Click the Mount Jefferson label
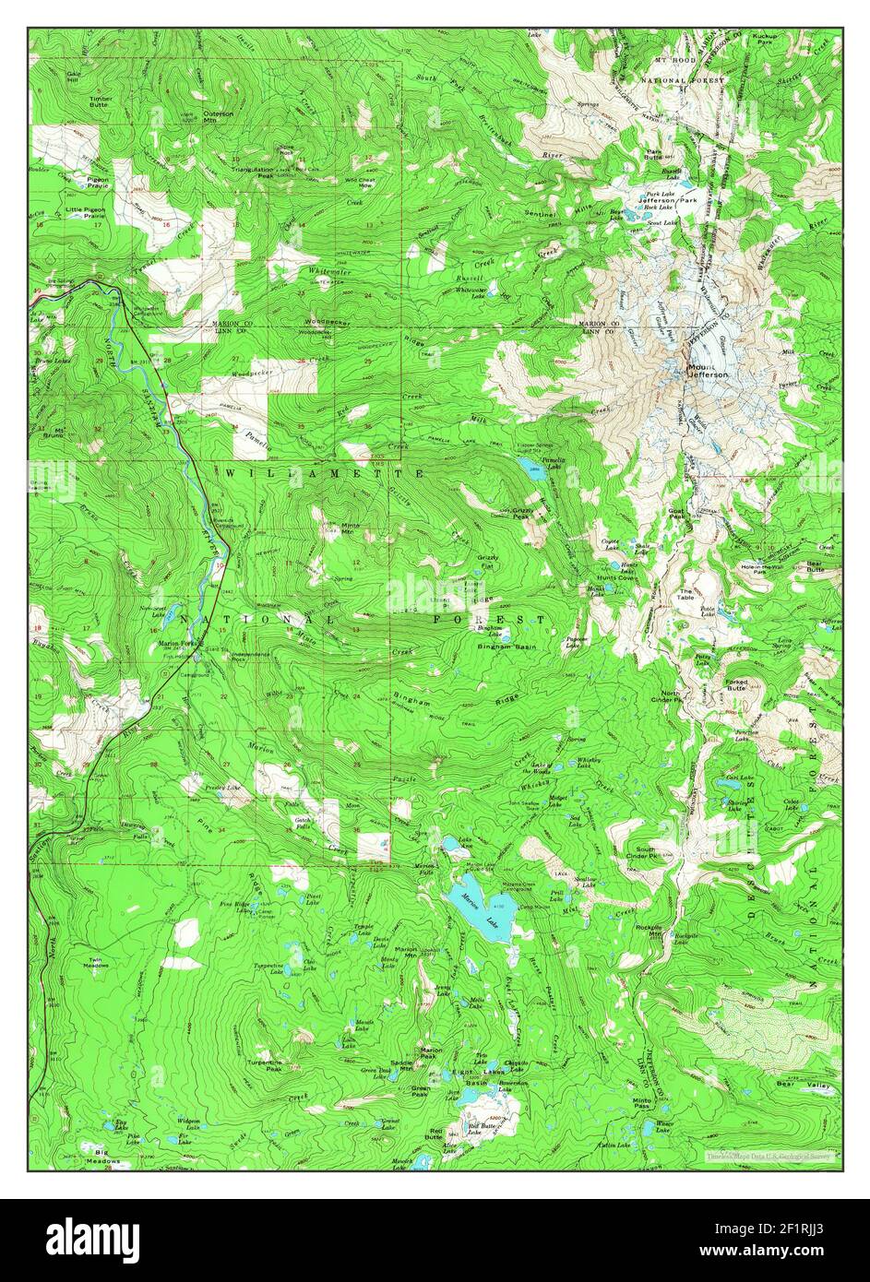(x=708, y=371)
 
